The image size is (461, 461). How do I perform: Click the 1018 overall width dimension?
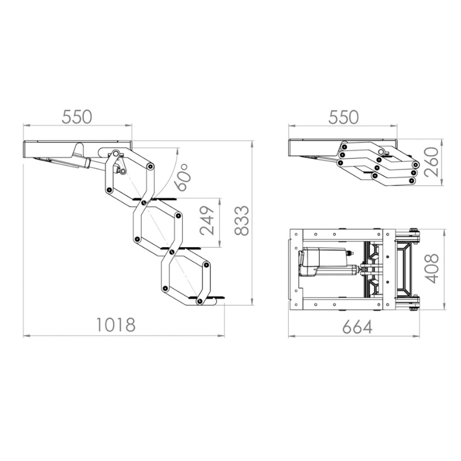(x=116, y=325)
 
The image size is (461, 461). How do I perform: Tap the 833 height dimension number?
(x=241, y=221)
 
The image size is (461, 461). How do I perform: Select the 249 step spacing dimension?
(x=207, y=221)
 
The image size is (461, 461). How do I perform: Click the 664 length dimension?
(x=357, y=327)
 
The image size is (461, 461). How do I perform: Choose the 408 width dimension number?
(x=432, y=269)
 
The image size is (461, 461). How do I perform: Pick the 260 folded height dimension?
(x=432, y=162)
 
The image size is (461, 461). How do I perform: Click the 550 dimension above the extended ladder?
(x=77, y=117)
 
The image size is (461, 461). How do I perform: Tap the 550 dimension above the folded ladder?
(x=343, y=117)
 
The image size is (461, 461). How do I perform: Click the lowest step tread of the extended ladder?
(x=207, y=297)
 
